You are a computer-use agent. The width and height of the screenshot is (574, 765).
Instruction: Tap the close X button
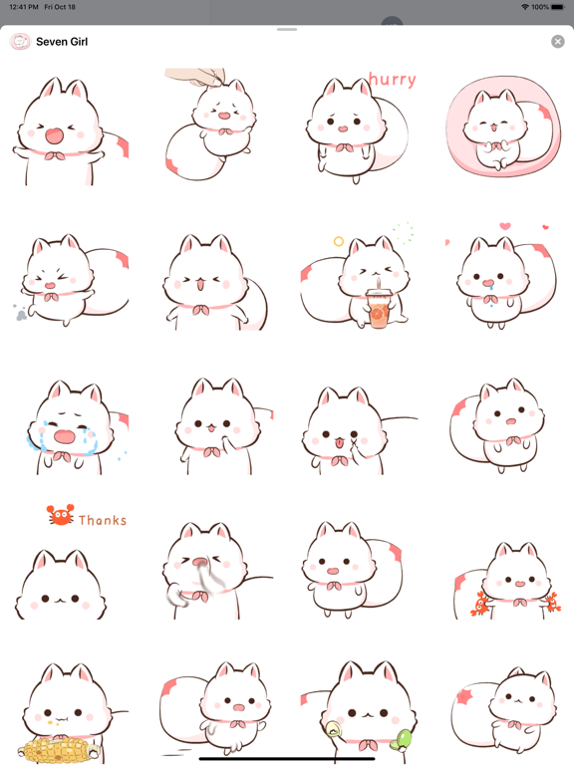point(557,42)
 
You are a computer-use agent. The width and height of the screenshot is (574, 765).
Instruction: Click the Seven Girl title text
point(62,42)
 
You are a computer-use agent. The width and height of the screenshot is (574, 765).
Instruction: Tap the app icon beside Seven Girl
point(20,42)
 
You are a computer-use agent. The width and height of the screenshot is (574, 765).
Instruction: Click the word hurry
point(393,79)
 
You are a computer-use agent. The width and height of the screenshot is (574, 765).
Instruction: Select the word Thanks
point(103,520)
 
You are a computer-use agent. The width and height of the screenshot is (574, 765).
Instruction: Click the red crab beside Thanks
point(61,515)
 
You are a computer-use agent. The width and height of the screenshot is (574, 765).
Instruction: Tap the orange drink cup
point(378,309)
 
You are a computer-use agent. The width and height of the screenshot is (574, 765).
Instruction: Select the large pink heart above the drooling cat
point(505,226)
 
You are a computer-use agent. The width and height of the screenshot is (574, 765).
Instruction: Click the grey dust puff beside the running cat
point(20,313)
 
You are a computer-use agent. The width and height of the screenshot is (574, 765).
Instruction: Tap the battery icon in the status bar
point(557,7)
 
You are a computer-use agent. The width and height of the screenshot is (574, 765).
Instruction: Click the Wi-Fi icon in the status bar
point(525,7)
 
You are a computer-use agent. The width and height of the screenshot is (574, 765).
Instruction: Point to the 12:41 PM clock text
point(24,7)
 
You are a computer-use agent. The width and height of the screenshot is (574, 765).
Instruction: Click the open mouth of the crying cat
point(64,436)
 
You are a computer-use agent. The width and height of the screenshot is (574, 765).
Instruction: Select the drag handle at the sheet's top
point(287,29)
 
